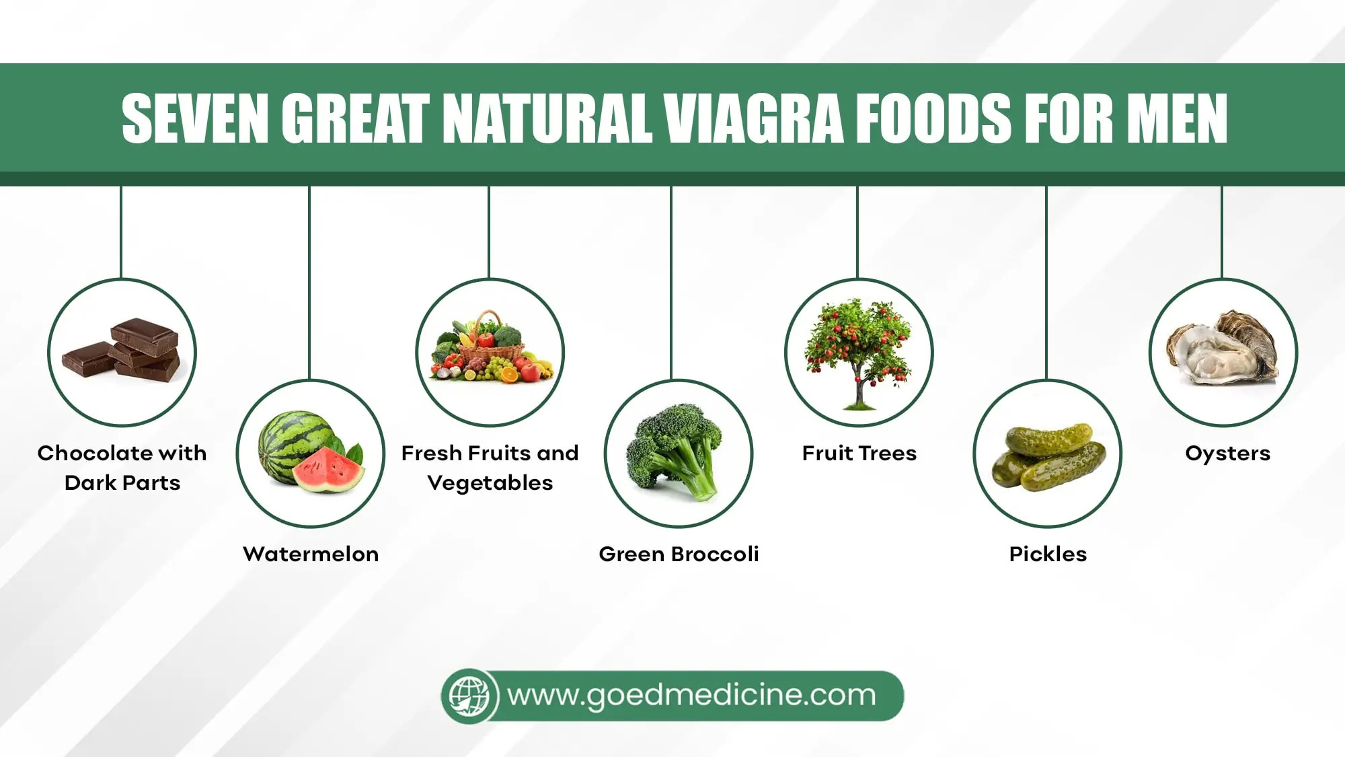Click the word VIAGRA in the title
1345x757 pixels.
[753, 118]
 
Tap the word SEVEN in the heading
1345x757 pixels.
[195, 118]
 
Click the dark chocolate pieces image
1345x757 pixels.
[122, 350]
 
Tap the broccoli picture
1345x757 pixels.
[675, 451]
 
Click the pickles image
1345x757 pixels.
[1048, 456]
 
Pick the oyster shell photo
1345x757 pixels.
[1223, 347]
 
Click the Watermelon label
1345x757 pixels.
[311, 554]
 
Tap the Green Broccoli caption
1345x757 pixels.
[679, 554]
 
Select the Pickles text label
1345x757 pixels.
[1048, 554]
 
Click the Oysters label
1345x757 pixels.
[1228, 454]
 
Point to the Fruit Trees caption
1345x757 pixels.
[859, 453]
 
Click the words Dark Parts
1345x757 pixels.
[122, 482]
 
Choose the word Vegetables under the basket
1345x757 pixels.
[490, 483]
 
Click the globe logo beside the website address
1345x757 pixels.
[469, 696]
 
